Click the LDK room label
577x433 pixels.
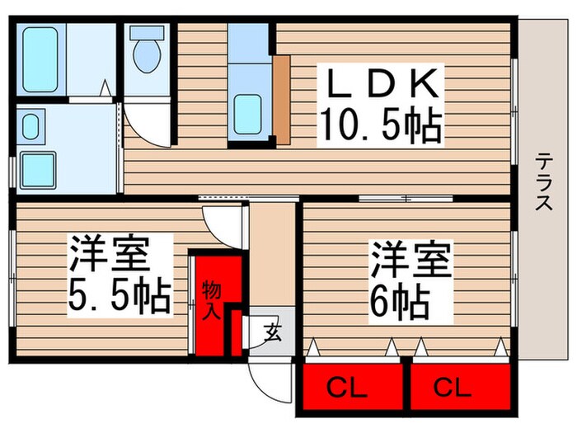(x=382, y=85)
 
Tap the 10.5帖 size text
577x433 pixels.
(x=382, y=125)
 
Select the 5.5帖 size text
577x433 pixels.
(x=120, y=294)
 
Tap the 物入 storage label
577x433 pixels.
(x=209, y=299)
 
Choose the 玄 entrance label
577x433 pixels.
(x=270, y=333)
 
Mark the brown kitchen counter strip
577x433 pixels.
(x=282, y=99)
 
